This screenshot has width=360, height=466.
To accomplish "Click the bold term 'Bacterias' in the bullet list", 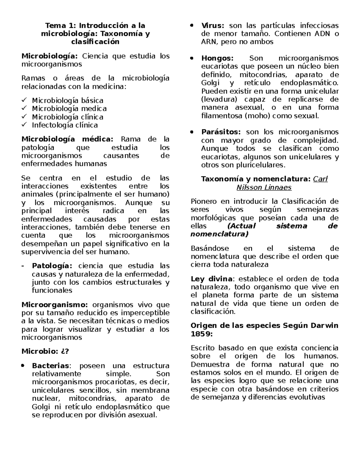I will pyautogui.click(x=50, y=366).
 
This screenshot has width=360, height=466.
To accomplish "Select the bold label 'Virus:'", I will pyautogui.click(x=213, y=26).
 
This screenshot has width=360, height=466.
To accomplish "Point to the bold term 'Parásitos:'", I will pyautogui.click(x=221, y=132).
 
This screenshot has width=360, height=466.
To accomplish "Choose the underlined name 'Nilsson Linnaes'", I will pyautogui.click(x=264, y=188).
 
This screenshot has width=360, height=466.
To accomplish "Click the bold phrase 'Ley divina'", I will pyautogui.click(x=211, y=279).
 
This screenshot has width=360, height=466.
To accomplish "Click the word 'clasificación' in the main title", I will pyautogui.click(x=95, y=42).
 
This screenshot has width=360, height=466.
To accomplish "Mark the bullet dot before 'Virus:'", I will pyautogui.click(x=192, y=26).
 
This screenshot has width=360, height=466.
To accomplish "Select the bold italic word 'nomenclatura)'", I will pyautogui.click(x=219, y=234).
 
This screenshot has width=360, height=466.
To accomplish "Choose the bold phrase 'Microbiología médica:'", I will pyautogui.click(x=67, y=139).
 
